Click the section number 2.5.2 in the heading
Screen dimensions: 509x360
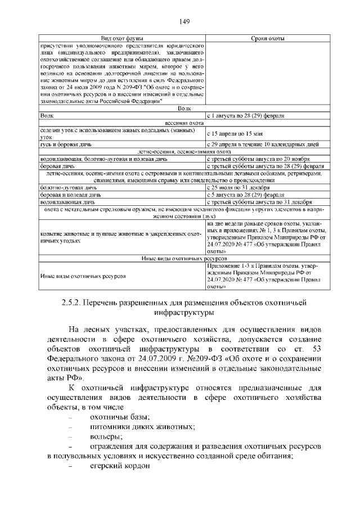[70, 303]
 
